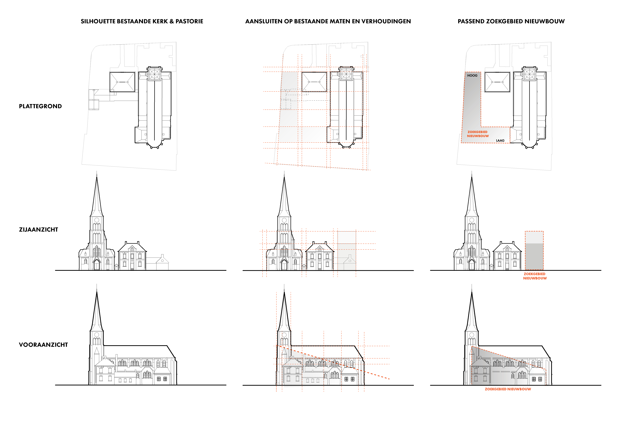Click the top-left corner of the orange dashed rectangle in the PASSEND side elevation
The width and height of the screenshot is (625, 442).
click(525, 231)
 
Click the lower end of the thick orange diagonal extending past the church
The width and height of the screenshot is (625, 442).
click(389, 379)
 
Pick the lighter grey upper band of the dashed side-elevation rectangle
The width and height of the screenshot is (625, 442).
click(534, 237)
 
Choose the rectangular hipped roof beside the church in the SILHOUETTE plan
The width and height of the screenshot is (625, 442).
click(122, 82)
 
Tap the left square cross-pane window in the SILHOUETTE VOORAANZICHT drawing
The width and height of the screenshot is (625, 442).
click(159, 379)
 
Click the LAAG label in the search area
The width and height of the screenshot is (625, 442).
click(500, 140)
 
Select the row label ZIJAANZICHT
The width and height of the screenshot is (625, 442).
click(38, 229)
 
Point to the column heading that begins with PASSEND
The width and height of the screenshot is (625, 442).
click(511, 21)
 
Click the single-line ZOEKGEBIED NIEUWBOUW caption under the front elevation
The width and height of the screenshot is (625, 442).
click(508, 389)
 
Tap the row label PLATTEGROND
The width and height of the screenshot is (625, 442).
click(40, 106)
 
